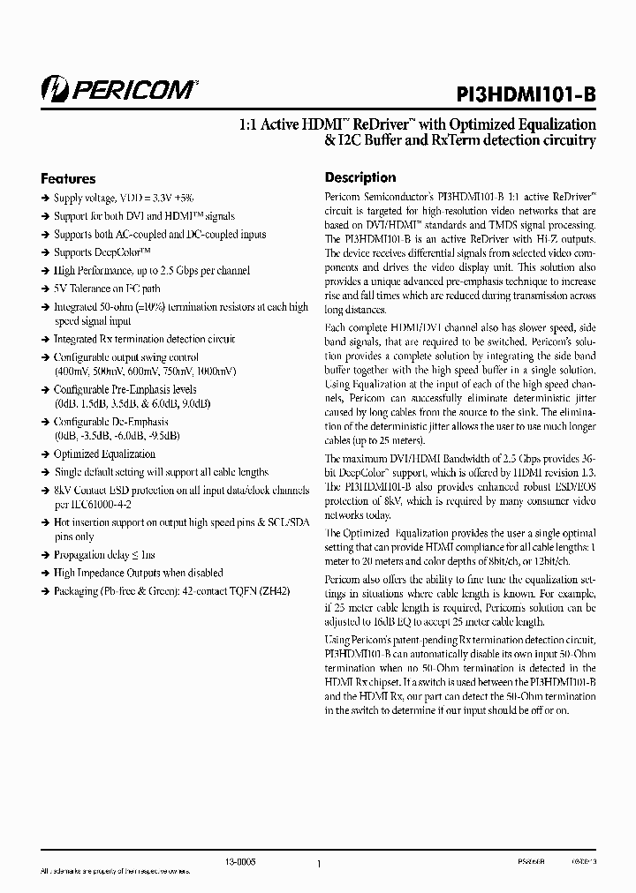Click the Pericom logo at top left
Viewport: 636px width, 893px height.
click(119, 88)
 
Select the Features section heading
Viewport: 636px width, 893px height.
click(68, 178)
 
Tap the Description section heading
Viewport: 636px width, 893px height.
click(360, 177)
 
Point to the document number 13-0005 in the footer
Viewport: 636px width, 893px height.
click(239, 862)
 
